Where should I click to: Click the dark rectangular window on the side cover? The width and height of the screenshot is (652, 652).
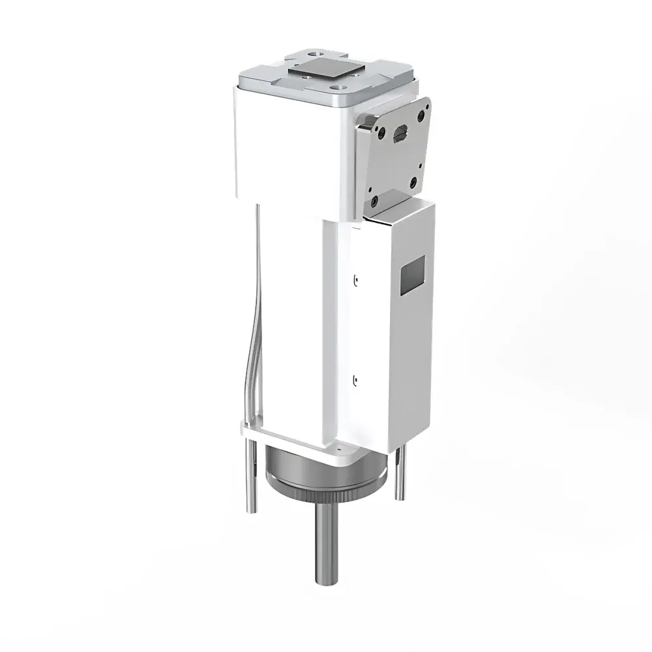pyautogui.click(x=412, y=272)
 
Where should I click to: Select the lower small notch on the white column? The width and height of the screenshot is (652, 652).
pyautogui.click(x=355, y=378)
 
